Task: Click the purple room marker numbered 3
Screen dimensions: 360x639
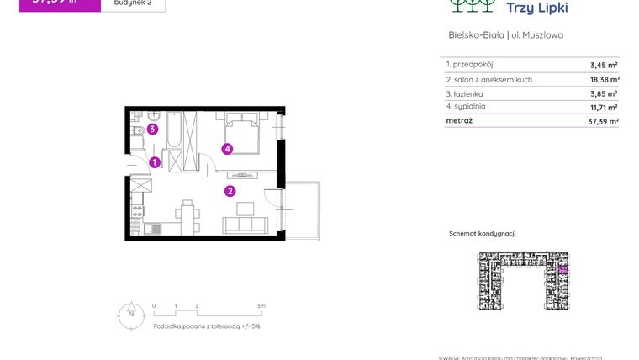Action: pos(152,129)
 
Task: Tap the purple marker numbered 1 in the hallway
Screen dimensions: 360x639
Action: pos(155,163)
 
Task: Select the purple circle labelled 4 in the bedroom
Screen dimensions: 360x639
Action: pos(227,149)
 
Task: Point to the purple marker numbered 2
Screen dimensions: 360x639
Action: pos(230,191)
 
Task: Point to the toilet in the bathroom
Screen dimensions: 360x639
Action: pos(136,130)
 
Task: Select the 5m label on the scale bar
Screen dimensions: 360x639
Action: pos(261,306)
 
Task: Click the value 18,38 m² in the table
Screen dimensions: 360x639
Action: pos(604,79)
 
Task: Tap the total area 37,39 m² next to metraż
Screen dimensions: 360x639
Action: pos(604,121)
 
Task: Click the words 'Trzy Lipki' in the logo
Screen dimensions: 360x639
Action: pos(538,8)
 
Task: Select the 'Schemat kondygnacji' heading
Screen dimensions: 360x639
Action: pos(483,233)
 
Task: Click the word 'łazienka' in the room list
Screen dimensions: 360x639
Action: pos(469,93)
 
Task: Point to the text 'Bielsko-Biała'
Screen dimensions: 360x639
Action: pos(476,35)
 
